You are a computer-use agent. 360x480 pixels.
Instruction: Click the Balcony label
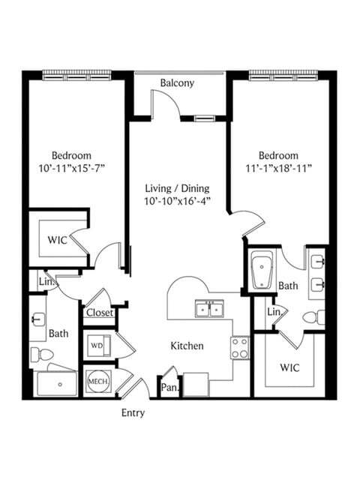[x=177, y=83]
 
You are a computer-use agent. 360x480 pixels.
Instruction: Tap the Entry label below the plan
[x=133, y=413]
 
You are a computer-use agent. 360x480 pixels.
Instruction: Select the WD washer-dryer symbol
[x=98, y=346]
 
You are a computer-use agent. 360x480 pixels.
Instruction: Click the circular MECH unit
[x=98, y=382]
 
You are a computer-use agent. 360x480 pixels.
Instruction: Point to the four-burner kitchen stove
[x=240, y=348]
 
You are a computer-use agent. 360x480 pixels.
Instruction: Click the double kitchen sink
[x=209, y=308]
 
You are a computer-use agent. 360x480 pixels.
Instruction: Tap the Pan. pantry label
[x=169, y=388]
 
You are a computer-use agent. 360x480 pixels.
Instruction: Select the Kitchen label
[x=187, y=346]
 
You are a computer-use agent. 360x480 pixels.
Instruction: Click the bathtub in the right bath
[x=262, y=270]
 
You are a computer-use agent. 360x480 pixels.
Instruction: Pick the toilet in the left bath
[x=42, y=355]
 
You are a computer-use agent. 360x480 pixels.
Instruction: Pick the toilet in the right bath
[x=313, y=317]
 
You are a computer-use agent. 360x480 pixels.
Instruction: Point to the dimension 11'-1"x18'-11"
[x=278, y=168]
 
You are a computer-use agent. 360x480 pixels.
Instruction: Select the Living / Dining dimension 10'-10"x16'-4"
[x=178, y=201]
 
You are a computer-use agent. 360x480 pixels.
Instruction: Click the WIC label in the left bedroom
[x=57, y=240]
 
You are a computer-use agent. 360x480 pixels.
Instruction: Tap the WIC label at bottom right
[x=289, y=367]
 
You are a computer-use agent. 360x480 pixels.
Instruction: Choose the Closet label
[x=100, y=313]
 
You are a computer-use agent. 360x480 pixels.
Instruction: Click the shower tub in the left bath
[x=57, y=383]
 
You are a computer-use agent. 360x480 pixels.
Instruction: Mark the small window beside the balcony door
[x=205, y=118]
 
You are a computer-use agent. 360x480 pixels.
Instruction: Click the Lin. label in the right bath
[x=274, y=312]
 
